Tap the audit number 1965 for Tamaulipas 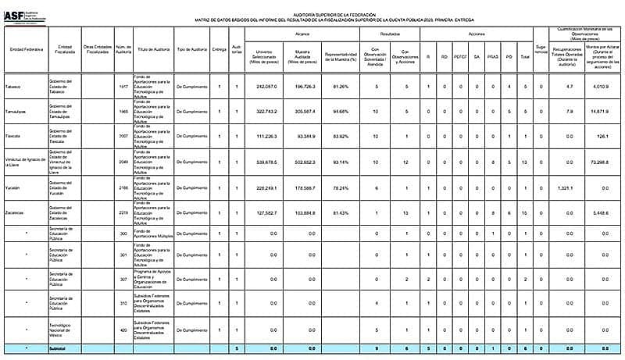[x=123, y=112]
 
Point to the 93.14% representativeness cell [x=341, y=162]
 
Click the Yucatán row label [x=13, y=188]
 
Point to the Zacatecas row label [x=16, y=213]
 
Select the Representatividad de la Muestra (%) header [x=341, y=55]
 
